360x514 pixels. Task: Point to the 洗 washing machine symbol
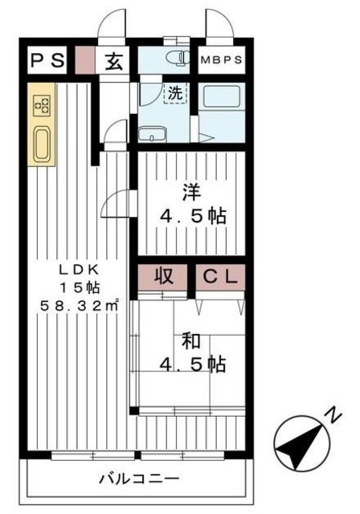pos(175,92)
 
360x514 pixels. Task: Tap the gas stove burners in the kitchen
pos(41,104)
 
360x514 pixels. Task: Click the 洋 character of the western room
pos(190,193)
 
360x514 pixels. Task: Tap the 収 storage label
pos(165,277)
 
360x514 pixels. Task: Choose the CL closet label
pos(219,277)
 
